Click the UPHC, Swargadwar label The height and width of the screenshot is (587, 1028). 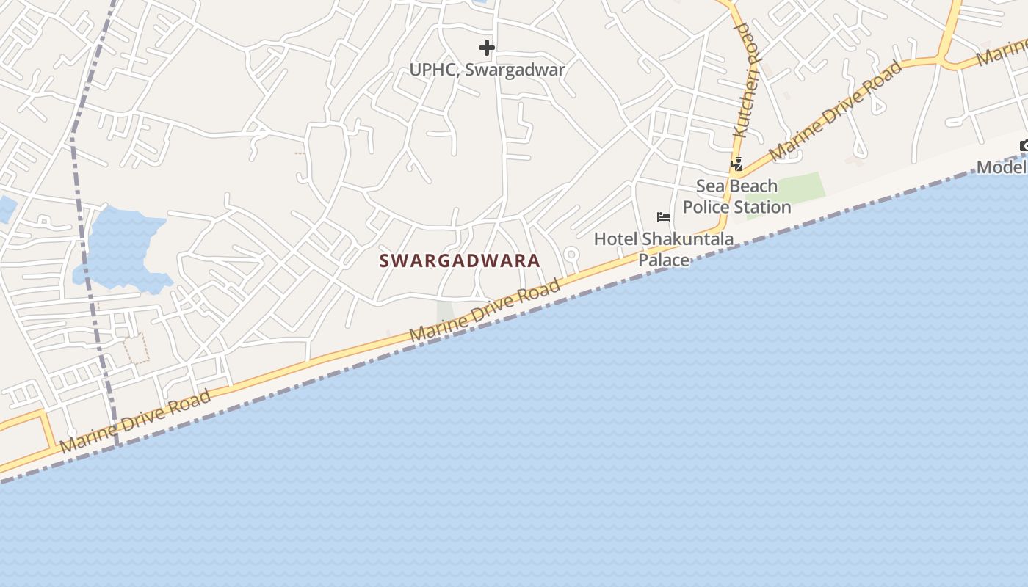pyautogui.click(x=487, y=70)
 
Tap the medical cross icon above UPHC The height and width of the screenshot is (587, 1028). pyautogui.click(x=486, y=48)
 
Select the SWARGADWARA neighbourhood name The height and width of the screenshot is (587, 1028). pyautogui.click(x=460, y=260)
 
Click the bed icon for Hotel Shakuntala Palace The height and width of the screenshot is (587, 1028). pyautogui.click(x=664, y=217)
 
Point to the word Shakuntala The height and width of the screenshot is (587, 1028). pyautogui.click(x=687, y=239)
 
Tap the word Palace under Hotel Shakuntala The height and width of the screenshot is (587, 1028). pyautogui.click(x=664, y=260)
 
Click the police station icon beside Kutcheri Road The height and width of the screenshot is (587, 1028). pyautogui.click(x=736, y=164)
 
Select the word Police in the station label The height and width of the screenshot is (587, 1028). pyautogui.click(x=709, y=207)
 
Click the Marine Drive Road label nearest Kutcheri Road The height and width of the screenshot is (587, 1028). pyautogui.click(x=836, y=111)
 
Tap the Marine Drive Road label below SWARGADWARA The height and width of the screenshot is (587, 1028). pyautogui.click(x=485, y=309)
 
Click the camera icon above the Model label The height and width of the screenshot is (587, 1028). pyautogui.click(x=1024, y=146)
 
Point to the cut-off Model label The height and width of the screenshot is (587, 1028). pyautogui.click(x=1002, y=167)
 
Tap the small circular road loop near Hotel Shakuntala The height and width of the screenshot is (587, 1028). pyautogui.click(x=571, y=255)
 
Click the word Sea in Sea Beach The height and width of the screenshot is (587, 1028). pyautogui.click(x=710, y=186)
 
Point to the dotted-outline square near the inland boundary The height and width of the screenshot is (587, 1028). pyautogui.click(x=136, y=349)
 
